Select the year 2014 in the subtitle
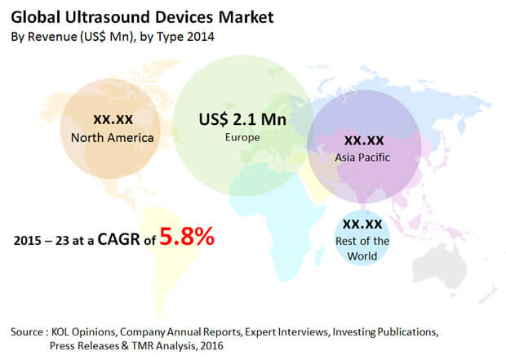(x=201, y=37)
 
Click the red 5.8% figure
(x=187, y=237)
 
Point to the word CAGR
(x=119, y=239)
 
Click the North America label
(x=113, y=138)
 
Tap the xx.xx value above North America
(x=113, y=119)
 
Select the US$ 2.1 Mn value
(x=242, y=119)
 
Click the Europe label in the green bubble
(x=242, y=137)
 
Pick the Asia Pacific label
(x=362, y=158)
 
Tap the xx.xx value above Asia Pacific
(x=364, y=140)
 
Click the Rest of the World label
(x=362, y=249)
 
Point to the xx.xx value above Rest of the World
(x=362, y=224)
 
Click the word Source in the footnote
(x=27, y=332)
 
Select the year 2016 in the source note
(x=211, y=346)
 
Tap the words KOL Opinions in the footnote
(x=83, y=332)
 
